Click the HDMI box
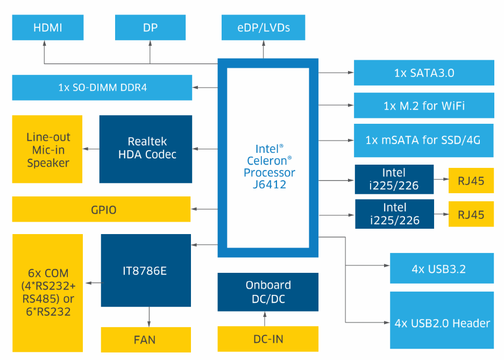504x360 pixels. click(x=48, y=27)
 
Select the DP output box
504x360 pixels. click(x=150, y=27)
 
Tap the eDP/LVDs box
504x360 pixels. click(x=264, y=27)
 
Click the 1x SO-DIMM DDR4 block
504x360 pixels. click(x=102, y=87)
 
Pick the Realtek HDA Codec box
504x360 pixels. click(x=146, y=149)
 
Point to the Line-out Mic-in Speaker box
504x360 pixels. click(x=47, y=149)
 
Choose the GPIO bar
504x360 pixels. click(x=101, y=209)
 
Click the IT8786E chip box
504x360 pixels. click(x=146, y=270)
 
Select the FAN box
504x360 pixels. click(x=146, y=340)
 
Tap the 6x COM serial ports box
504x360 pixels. click(x=47, y=293)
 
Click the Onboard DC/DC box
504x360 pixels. click(x=268, y=292)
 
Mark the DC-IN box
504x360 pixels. click(x=268, y=339)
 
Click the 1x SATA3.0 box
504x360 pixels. click(x=424, y=73)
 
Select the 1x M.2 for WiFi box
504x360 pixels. click(x=424, y=105)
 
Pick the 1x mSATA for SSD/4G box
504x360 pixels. click(x=424, y=140)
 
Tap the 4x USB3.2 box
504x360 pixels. click(x=442, y=268)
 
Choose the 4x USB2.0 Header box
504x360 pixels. click(x=442, y=323)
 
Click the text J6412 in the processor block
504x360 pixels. click(x=268, y=185)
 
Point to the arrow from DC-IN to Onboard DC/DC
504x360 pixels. click(x=264, y=319)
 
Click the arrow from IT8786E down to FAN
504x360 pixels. click(x=148, y=316)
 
